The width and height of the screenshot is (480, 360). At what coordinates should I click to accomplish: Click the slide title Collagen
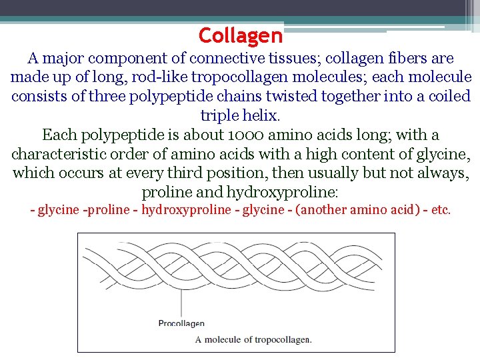(241, 35)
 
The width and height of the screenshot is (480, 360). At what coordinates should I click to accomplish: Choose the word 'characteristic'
(57, 155)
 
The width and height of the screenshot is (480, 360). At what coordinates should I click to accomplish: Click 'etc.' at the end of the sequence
(441, 210)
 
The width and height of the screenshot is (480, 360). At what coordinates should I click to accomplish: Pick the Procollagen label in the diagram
(181, 323)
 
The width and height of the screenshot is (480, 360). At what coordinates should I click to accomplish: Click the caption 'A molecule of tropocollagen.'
(253, 339)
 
